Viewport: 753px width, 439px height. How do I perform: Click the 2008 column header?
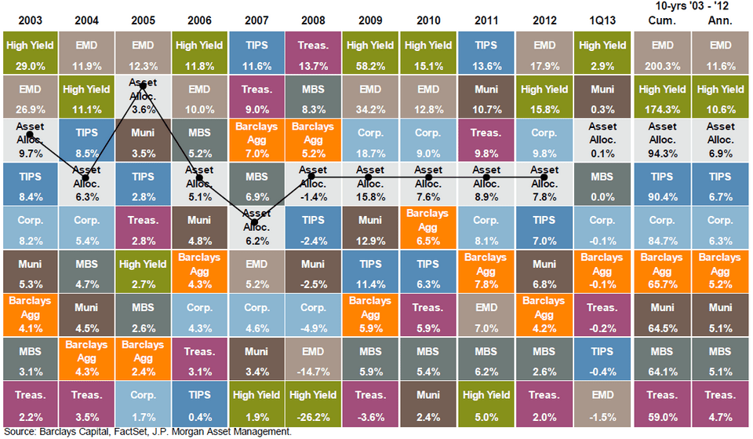312,18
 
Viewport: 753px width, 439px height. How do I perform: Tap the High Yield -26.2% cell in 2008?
312,401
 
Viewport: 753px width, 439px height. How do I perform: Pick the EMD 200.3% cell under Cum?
662,53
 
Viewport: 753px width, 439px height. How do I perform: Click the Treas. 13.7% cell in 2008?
312,53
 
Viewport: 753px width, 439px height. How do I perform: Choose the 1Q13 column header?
602,18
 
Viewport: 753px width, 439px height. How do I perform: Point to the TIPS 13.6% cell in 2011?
486,53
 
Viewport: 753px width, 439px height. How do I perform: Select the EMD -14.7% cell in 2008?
312,357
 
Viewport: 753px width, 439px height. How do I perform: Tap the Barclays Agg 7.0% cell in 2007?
255,140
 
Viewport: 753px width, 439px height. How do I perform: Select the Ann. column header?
720,20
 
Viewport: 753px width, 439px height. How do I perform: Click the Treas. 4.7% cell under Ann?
720,401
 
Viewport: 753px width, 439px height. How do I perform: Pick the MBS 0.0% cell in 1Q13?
602,183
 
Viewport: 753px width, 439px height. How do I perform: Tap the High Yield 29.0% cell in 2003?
29,53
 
